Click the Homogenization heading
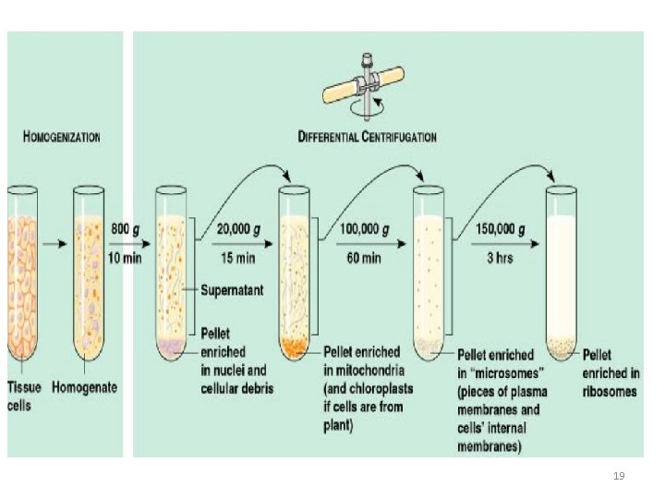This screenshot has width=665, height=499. pyautogui.click(x=62, y=137)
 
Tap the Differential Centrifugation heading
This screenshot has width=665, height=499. pyautogui.click(x=367, y=137)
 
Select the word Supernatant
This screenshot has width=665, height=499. pyautogui.click(x=234, y=290)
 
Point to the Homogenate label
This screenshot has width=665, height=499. pyautogui.click(x=85, y=387)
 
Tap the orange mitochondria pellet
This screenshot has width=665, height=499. pyautogui.click(x=294, y=347)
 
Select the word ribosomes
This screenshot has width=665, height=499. pyautogui.click(x=610, y=392)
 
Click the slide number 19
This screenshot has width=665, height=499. pyautogui.click(x=619, y=475)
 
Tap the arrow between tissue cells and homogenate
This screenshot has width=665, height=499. pyautogui.click(x=56, y=244)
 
